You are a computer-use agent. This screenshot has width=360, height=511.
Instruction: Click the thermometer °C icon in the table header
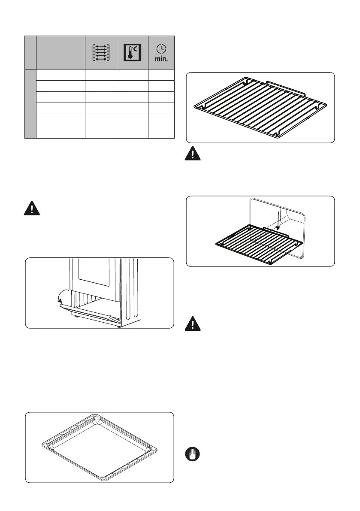(132, 52)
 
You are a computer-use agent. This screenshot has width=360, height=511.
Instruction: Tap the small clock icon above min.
(161, 49)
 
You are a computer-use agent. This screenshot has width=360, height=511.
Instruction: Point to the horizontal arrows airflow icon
(101, 52)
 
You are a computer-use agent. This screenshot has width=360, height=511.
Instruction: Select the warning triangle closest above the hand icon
(193, 324)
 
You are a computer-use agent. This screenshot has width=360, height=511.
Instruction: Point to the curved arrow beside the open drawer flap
(63, 296)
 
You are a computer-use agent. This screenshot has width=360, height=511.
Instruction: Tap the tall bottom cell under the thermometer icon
(132, 126)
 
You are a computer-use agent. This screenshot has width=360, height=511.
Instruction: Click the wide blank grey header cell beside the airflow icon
(61, 52)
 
